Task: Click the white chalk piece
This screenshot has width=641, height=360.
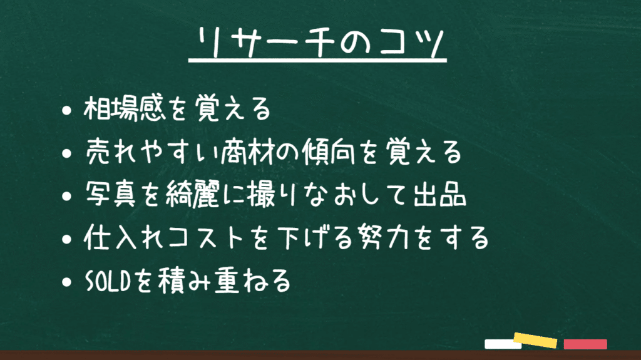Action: click(x=502, y=344)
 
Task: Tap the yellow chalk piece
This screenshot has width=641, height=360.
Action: click(x=536, y=340)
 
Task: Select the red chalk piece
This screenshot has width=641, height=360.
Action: click(x=585, y=344)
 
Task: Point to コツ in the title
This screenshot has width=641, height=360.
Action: click(x=411, y=43)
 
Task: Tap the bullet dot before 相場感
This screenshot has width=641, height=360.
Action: click(x=66, y=110)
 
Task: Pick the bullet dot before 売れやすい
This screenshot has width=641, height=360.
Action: click(x=66, y=153)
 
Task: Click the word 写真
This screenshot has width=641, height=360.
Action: click(x=110, y=193)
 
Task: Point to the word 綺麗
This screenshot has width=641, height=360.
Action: click(x=193, y=193)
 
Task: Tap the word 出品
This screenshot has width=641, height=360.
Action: click(x=440, y=193)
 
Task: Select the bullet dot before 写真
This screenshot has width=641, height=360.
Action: click(x=66, y=196)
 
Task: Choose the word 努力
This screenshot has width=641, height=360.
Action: click(x=384, y=237)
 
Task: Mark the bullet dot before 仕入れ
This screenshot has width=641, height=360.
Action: click(x=66, y=239)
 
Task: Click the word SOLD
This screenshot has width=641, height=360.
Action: click(x=108, y=281)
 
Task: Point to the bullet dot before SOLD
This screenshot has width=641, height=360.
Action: click(x=66, y=282)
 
